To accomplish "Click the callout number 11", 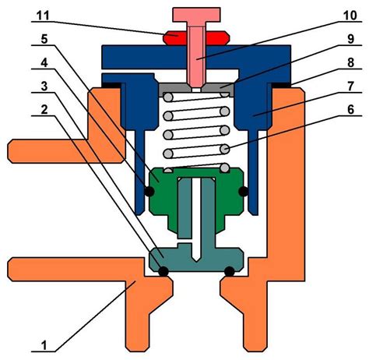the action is pyautogui.click(x=43, y=16).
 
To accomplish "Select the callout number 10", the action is pyautogui.click(x=350, y=16).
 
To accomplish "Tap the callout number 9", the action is pyautogui.click(x=350, y=39).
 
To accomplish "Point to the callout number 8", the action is pyautogui.click(x=350, y=62).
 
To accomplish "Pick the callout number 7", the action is pyautogui.click(x=350, y=86).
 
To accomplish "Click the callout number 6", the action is pyautogui.click(x=350, y=109).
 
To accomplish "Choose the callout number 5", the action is pyautogui.click(x=44, y=39).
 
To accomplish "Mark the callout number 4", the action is pyautogui.click(x=44, y=62).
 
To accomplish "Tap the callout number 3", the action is pyautogui.click(x=44, y=86).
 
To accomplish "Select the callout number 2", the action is pyautogui.click(x=44, y=109).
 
